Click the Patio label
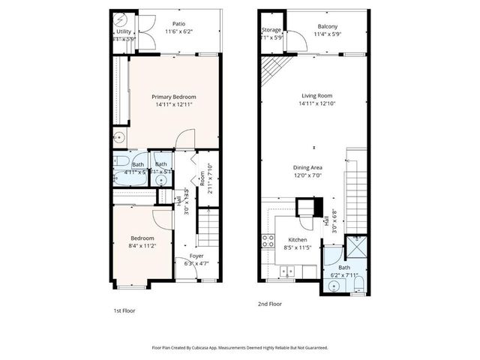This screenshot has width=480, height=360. (x=178, y=23)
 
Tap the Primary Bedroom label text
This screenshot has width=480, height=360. (x=174, y=97)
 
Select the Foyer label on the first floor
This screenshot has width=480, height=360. (x=196, y=256)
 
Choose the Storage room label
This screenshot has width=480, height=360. (x=271, y=30)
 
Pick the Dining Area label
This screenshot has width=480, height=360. (x=307, y=167)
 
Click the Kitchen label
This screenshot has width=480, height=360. (x=298, y=240)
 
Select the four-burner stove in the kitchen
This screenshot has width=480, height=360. (x=267, y=240)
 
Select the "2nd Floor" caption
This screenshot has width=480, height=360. (x=269, y=304)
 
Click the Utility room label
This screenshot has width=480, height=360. (x=124, y=31)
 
